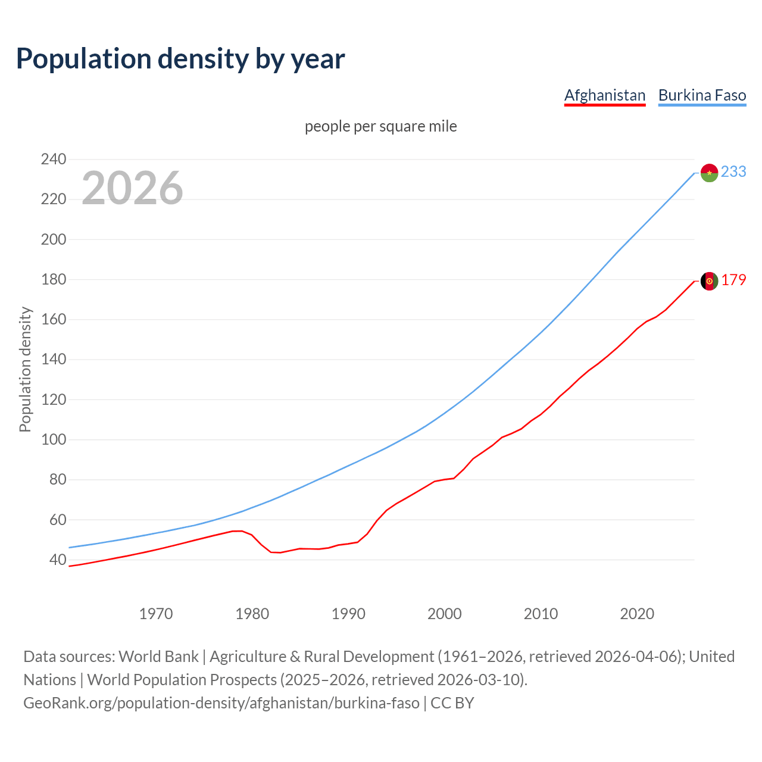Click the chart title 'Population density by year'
point(180,58)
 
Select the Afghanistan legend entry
point(604,95)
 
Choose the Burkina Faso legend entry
point(702,95)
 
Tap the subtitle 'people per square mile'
point(380,126)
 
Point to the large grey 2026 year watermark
point(132,188)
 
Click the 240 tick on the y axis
point(53,159)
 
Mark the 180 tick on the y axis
point(53,279)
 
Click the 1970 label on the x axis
point(155,614)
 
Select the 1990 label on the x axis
point(348,614)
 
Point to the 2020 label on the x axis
point(637,614)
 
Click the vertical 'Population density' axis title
point(25,369)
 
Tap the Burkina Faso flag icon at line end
point(709,173)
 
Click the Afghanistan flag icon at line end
point(709,281)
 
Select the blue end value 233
point(733,171)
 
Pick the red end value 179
point(733,280)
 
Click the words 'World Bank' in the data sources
point(158,656)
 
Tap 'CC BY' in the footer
point(452,702)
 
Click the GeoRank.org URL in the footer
point(221,702)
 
